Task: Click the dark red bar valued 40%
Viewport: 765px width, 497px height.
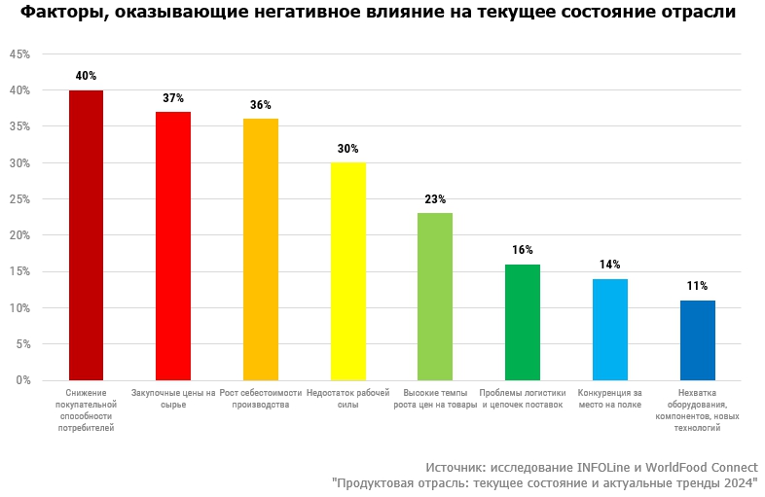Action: click(x=86, y=234)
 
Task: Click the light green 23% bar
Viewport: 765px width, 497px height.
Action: click(x=435, y=296)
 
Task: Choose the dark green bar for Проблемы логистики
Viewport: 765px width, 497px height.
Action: click(x=523, y=322)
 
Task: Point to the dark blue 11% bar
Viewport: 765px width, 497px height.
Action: click(x=697, y=339)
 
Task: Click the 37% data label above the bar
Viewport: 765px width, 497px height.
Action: click(x=173, y=98)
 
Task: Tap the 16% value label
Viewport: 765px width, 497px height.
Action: click(x=523, y=250)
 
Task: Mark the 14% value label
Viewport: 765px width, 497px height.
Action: click(x=610, y=265)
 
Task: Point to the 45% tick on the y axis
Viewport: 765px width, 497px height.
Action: click(x=19, y=54)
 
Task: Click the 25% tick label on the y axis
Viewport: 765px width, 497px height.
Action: click(x=19, y=199)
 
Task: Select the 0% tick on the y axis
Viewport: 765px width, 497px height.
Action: click(x=22, y=380)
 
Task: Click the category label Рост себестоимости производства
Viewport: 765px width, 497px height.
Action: click(x=261, y=398)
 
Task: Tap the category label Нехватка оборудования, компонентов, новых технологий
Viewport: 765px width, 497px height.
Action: click(x=697, y=409)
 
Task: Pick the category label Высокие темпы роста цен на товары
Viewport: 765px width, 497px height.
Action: click(x=435, y=398)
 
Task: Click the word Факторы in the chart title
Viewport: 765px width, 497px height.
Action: click(x=58, y=13)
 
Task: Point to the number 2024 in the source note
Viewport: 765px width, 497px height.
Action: click(x=737, y=482)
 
